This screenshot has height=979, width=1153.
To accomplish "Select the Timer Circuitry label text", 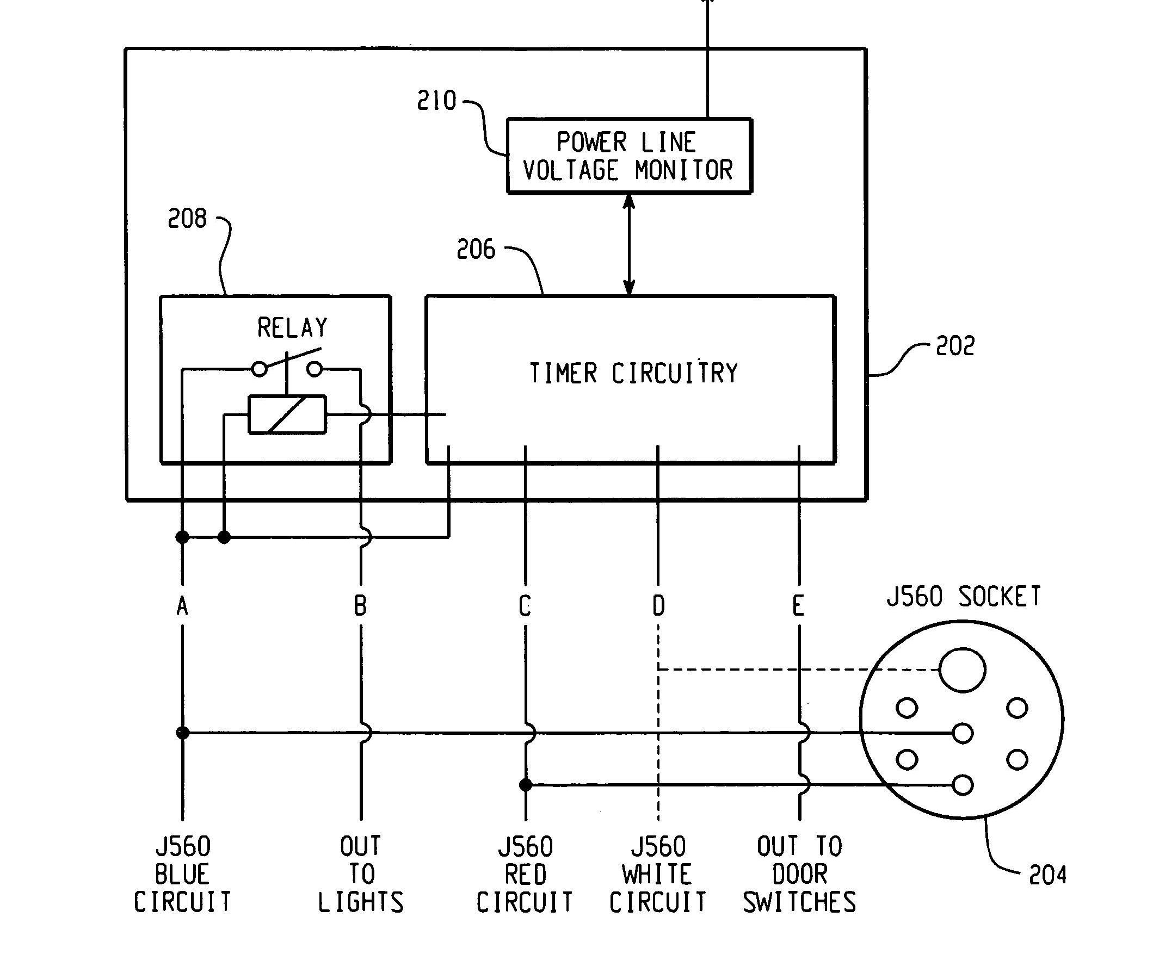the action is coord(633,373).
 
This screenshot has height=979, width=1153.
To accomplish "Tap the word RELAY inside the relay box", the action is coord(292,327).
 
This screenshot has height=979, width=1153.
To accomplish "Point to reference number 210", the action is coord(436,101).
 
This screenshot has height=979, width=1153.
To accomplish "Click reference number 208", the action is coord(187,219).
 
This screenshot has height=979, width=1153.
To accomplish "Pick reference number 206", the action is coord(476,250).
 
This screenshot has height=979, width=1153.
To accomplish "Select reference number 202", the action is coord(955,346).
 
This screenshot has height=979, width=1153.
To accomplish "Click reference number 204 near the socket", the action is coord(1047,875).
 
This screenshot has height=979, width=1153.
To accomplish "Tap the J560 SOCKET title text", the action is coord(963,597).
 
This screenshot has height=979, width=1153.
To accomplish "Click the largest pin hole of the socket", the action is coord(963,670).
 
